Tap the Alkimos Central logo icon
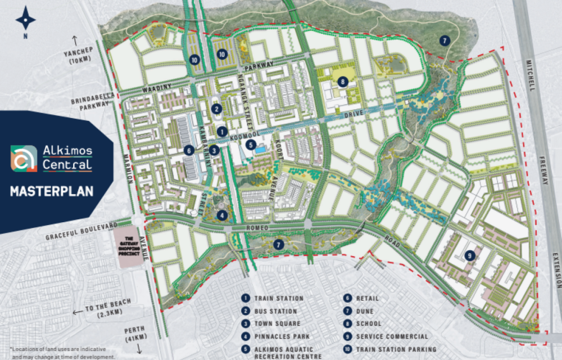click(x=24, y=159)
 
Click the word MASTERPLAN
click(x=52, y=192)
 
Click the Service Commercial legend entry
click(x=391, y=336)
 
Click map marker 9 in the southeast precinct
click(x=470, y=255)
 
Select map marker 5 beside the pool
click(x=251, y=145)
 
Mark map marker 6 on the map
click(x=189, y=150)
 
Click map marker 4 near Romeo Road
click(x=223, y=214)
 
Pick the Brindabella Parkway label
click(x=93, y=101)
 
